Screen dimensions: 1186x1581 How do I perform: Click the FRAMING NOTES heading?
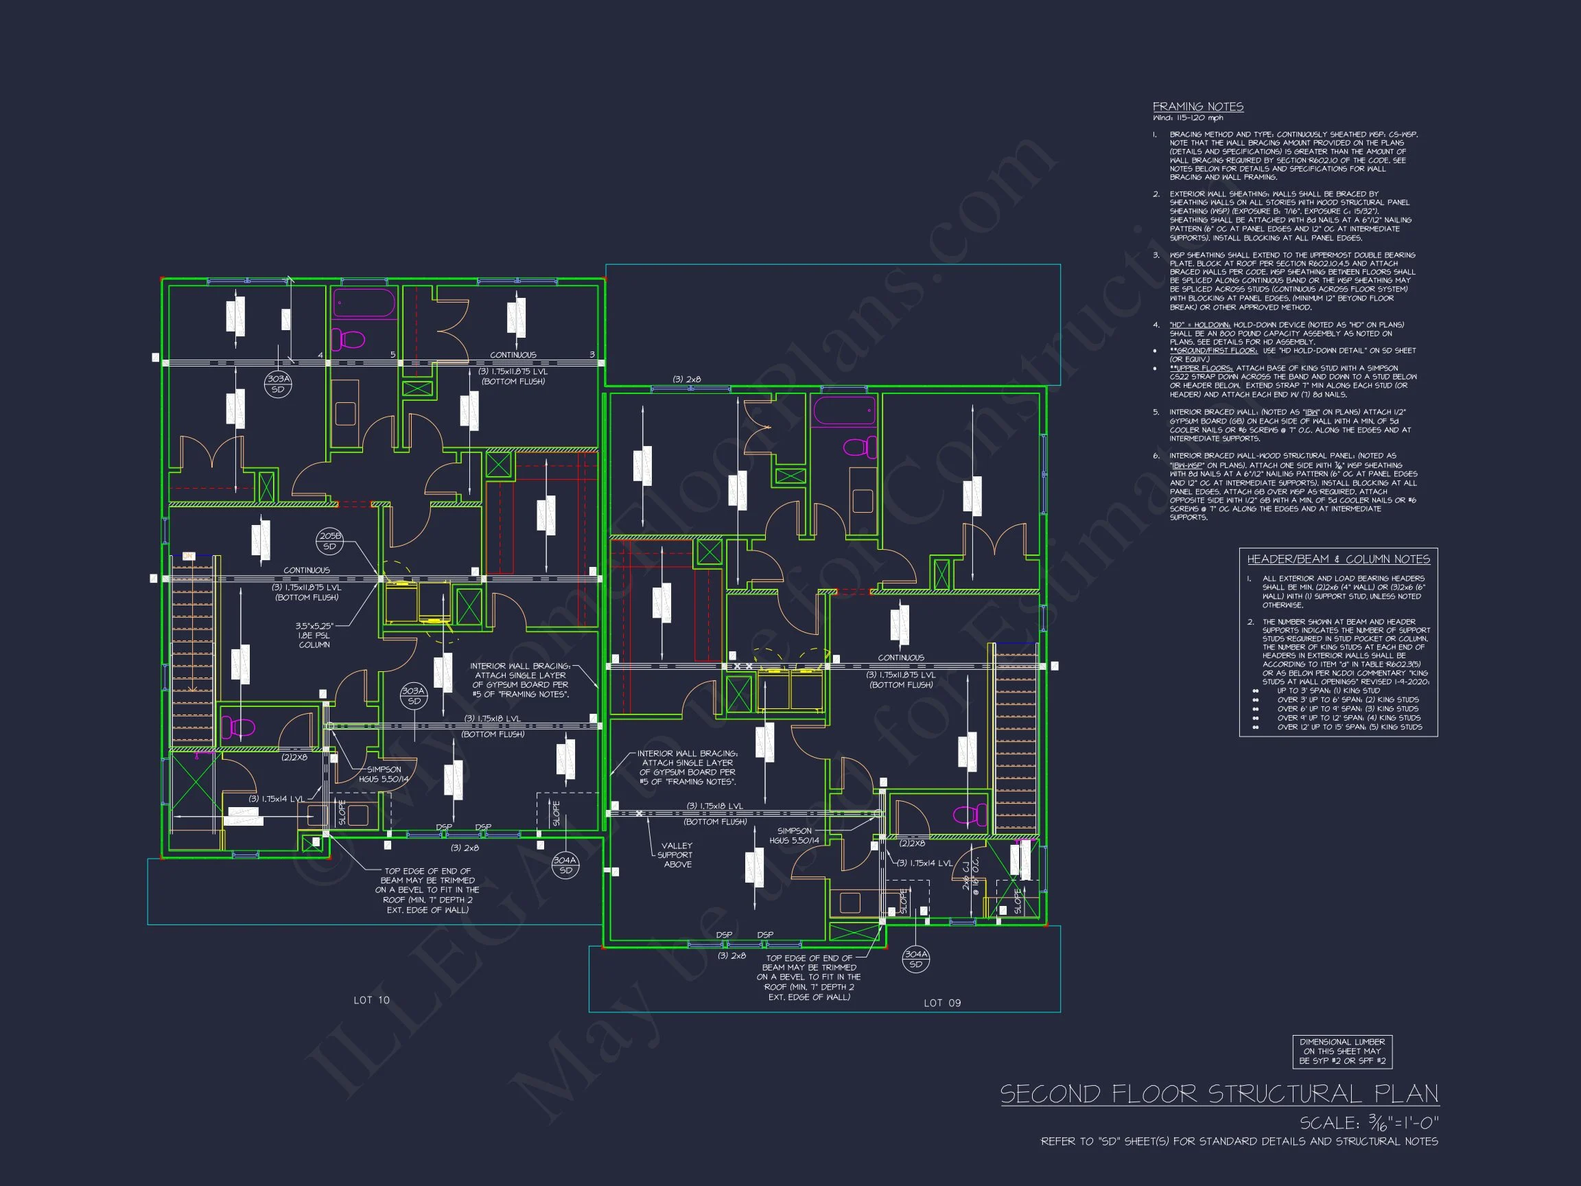click(1198, 106)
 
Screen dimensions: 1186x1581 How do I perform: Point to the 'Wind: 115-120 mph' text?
click(1187, 118)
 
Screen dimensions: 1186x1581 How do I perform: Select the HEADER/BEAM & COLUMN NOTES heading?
click(1338, 559)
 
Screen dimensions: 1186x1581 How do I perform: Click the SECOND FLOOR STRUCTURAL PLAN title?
click(1219, 1094)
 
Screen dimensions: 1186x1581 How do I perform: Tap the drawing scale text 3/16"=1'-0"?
click(1368, 1123)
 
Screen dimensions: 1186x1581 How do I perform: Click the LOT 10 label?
click(372, 1000)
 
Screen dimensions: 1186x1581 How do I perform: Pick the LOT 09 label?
click(942, 1003)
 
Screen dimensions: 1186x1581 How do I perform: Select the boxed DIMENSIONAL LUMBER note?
click(1342, 1051)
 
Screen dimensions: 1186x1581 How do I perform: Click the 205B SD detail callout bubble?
click(329, 541)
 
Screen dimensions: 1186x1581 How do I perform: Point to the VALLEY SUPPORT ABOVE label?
click(676, 855)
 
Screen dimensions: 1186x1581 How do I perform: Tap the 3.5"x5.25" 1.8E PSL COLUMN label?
click(314, 635)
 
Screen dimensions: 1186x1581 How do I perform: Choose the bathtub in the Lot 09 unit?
click(844, 411)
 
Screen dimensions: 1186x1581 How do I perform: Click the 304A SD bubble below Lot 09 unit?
click(915, 959)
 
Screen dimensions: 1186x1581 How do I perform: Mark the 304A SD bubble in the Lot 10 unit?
click(565, 865)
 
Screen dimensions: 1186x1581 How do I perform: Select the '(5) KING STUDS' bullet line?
click(1350, 727)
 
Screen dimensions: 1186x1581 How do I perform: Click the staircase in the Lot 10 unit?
click(192, 651)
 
